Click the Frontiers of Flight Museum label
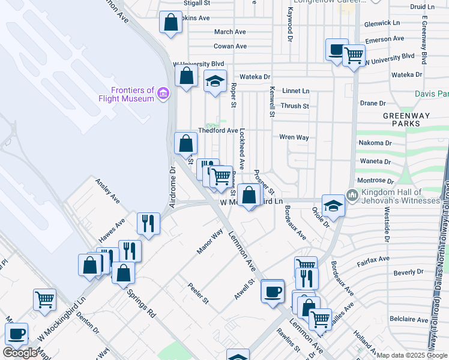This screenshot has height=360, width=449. point(127,94)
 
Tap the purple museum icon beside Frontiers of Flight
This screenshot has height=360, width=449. point(163,94)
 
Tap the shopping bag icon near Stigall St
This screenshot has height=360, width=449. point(171,23)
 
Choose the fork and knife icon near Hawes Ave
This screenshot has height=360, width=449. point(147,223)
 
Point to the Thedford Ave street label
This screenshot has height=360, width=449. point(218,130)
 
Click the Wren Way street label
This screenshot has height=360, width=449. point(294,137)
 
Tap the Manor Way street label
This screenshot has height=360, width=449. point(209,241)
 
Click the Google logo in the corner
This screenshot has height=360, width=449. point(20,353)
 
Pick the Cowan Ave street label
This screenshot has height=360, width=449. point(231,46)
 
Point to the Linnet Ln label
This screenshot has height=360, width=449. point(296,91)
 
